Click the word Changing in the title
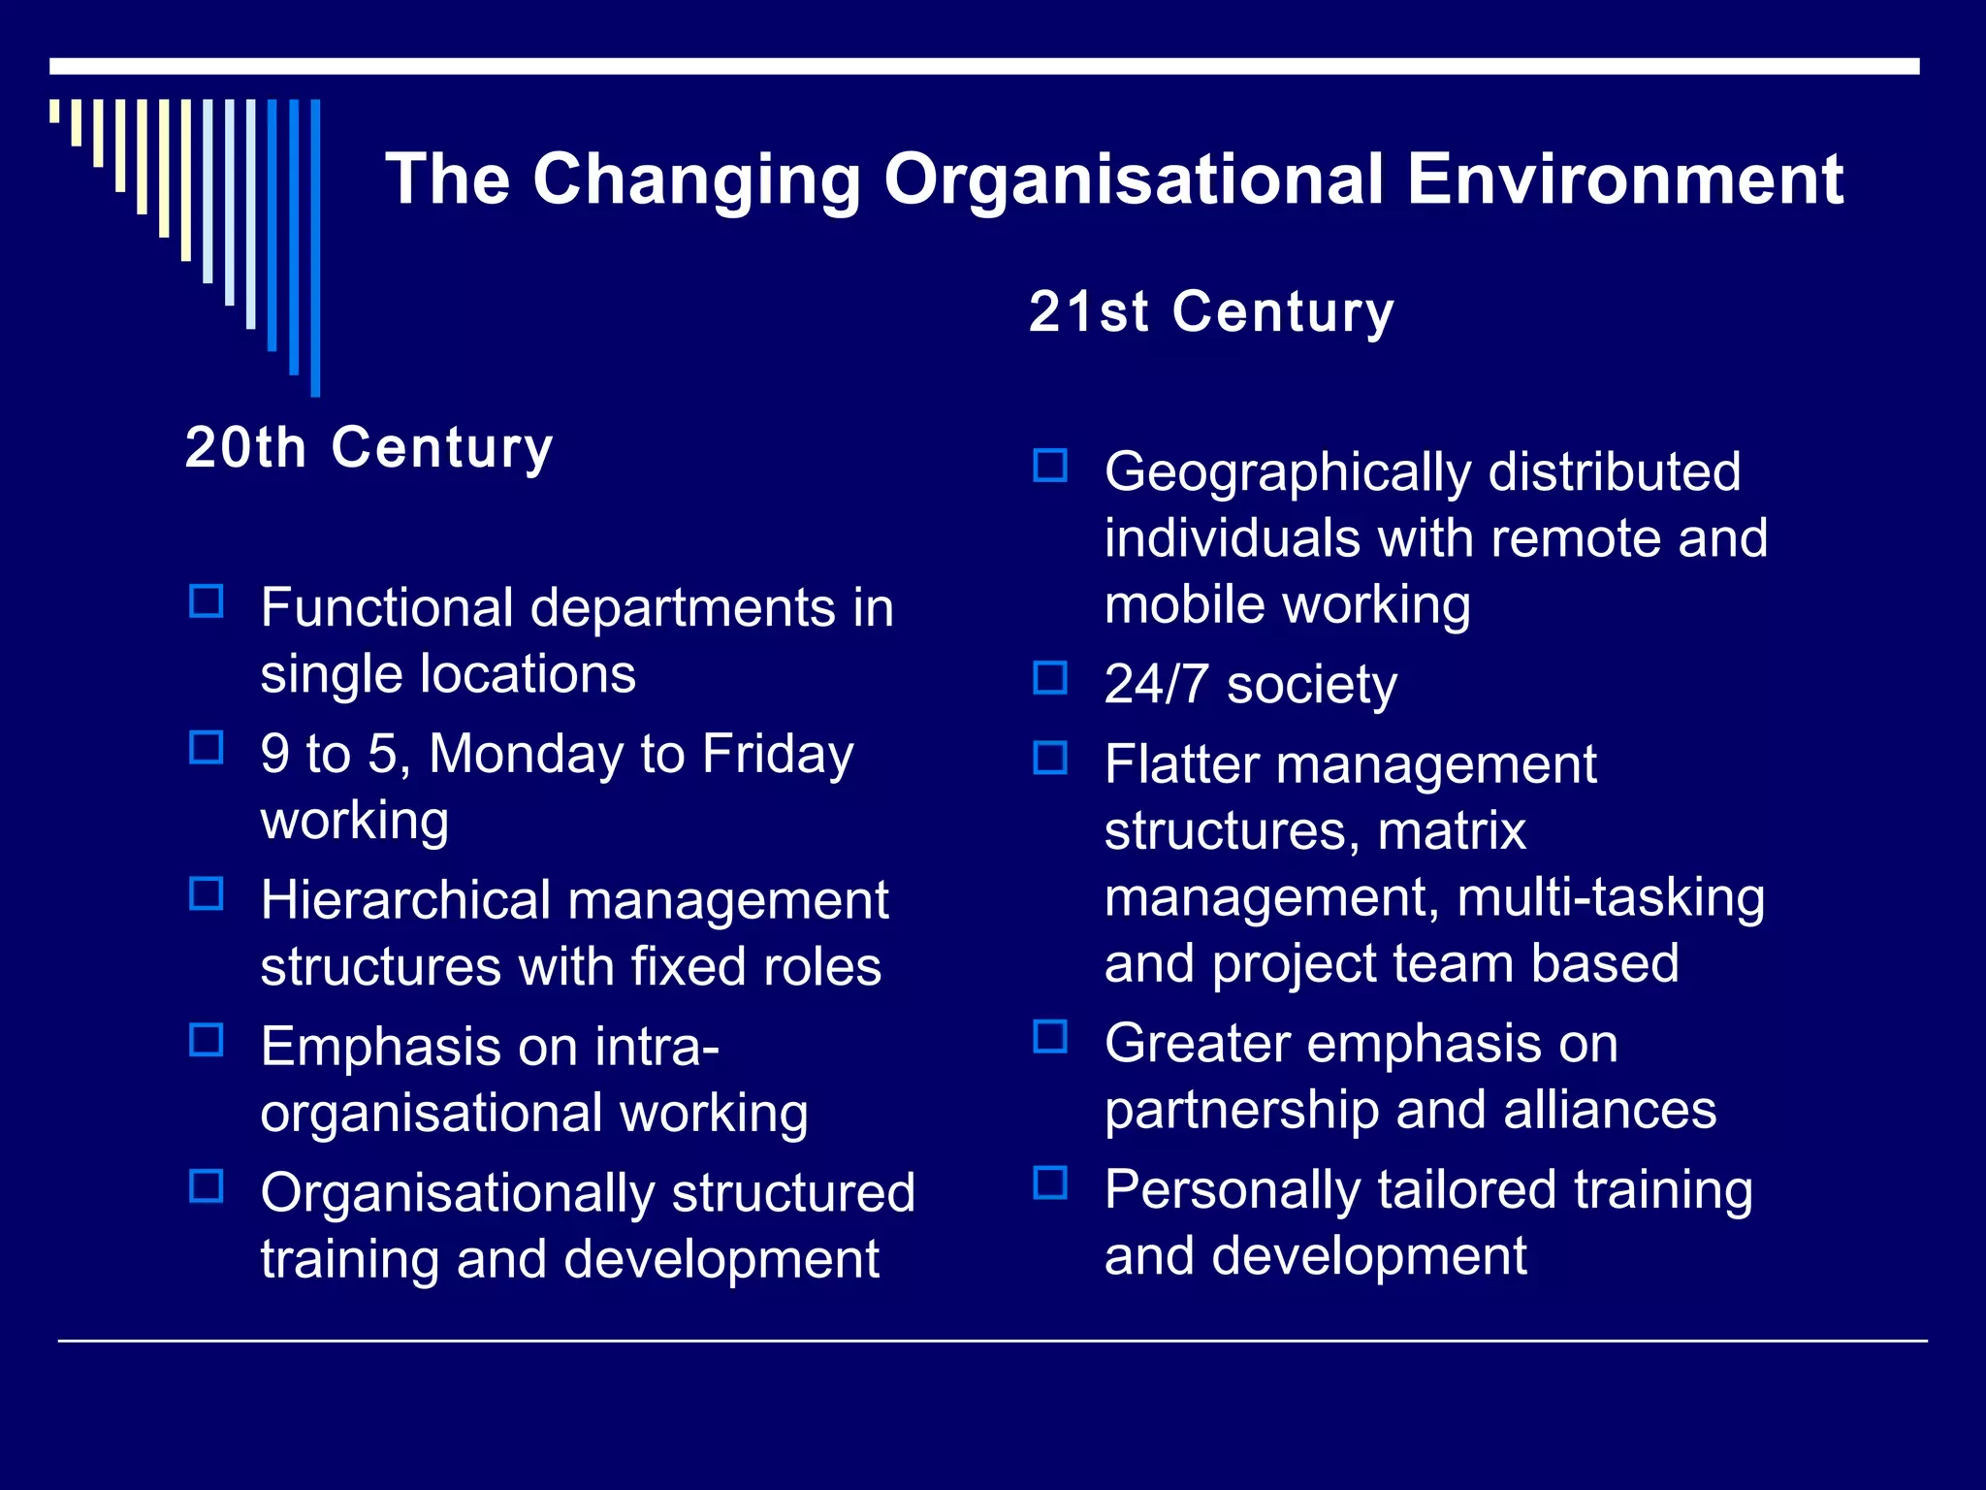(696, 180)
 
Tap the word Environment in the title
(1624, 180)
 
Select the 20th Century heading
(368, 448)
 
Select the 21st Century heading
(1211, 312)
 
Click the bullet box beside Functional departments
(207, 601)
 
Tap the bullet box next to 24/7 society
(1050, 678)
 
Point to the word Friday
(778, 754)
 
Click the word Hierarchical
(405, 900)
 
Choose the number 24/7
(1156, 684)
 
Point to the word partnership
(1241, 1110)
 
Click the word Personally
(1233, 1190)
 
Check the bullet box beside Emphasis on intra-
(207, 1041)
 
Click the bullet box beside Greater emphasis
(1050, 1037)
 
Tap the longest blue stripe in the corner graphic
(315, 247)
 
